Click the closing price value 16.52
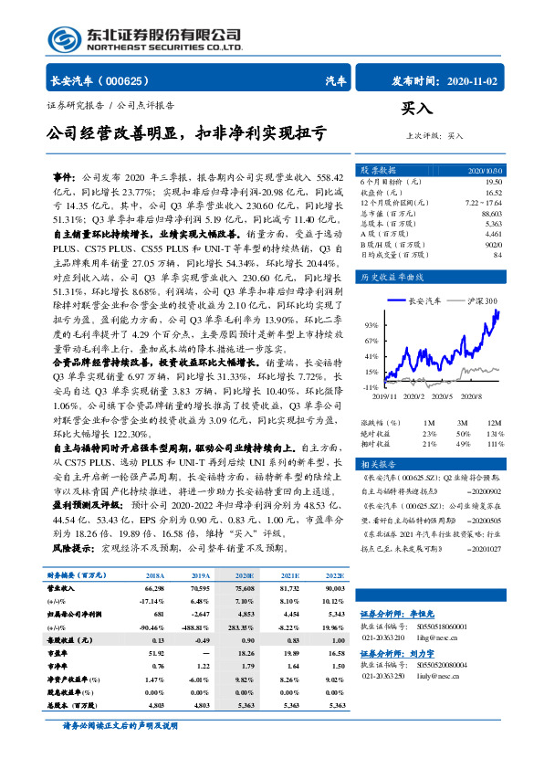tap(492, 192)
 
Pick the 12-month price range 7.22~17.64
tap(483, 202)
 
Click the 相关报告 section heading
tap(376, 465)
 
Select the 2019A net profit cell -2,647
tap(201, 616)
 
